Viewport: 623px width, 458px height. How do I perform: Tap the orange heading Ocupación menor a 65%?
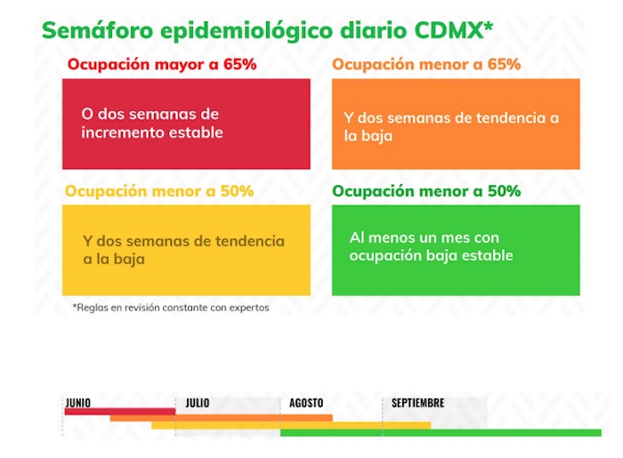click(x=426, y=65)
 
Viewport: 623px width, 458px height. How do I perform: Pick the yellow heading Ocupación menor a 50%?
click(x=159, y=191)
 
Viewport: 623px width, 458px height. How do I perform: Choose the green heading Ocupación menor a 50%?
click(x=426, y=191)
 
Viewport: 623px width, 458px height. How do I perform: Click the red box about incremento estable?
click(x=186, y=124)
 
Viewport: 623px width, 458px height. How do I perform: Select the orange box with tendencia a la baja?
click(x=456, y=124)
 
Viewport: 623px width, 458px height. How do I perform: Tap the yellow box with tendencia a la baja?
click(x=186, y=250)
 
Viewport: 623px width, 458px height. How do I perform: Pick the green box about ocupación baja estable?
click(x=456, y=250)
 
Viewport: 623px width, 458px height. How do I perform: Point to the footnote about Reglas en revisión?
click(x=170, y=308)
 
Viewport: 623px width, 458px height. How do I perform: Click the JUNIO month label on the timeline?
click(x=78, y=403)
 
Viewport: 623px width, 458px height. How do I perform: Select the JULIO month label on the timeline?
click(x=198, y=403)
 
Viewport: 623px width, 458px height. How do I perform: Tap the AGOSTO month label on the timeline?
click(x=306, y=403)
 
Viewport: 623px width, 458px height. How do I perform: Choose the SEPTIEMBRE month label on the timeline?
click(x=417, y=403)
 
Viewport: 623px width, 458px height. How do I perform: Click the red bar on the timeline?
click(x=119, y=411)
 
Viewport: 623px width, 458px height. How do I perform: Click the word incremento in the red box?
click(x=117, y=133)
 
